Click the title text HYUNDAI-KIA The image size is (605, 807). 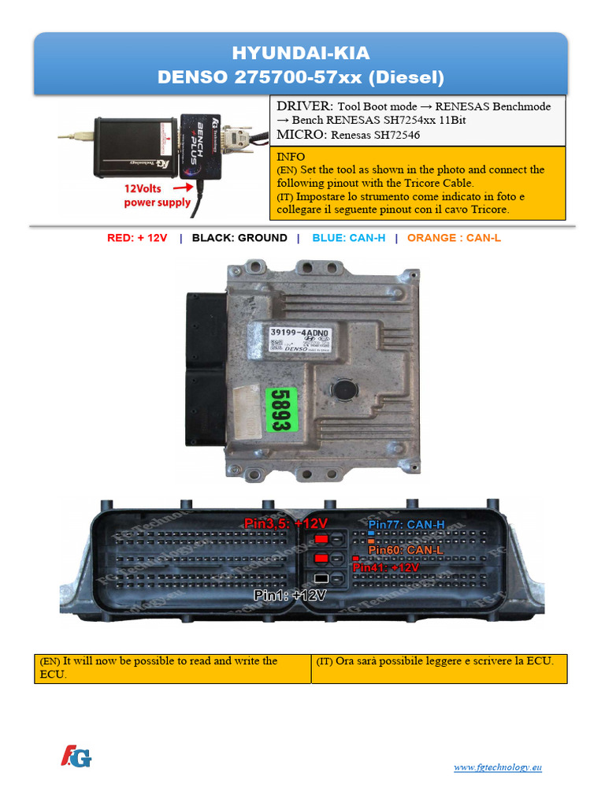(300, 54)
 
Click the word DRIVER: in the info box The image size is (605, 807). (304, 106)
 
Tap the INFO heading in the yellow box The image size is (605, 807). (291, 157)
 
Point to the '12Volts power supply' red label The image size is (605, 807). (158, 195)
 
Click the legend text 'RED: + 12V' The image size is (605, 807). (137, 238)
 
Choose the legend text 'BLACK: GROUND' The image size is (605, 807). (239, 238)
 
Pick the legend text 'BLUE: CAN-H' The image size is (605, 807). (349, 238)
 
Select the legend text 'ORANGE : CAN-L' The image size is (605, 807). (454, 238)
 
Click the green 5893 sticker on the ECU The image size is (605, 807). (281, 409)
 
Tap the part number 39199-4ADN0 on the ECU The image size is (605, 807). (299, 334)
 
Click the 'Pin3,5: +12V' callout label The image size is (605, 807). (286, 523)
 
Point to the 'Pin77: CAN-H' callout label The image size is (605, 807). (406, 524)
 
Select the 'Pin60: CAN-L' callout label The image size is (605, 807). (406, 549)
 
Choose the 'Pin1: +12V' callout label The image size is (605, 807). (289, 596)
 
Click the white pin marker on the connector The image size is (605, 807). (321, 578)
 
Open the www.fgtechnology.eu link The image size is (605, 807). (498, 768)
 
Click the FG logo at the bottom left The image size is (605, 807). (76, 757)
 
